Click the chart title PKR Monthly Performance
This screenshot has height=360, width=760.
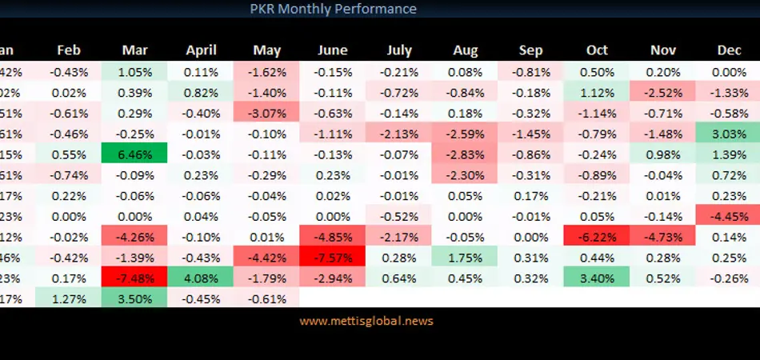coord(333,10)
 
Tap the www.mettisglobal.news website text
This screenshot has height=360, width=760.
coord(366,321)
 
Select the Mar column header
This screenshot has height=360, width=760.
coord(134,50)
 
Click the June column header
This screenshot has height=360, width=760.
coord(333,50)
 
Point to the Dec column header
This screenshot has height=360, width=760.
coord(729,50)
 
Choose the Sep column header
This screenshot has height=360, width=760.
coord(530,50)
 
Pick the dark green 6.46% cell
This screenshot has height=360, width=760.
coord(134,153)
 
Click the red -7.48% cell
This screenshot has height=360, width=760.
coord(134,278)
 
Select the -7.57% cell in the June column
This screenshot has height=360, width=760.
coord(333,257)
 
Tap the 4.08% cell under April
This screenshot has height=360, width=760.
coord(201,278)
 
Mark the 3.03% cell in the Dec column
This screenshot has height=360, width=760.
coord(729,132)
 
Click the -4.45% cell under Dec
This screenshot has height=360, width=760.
coord(729,215)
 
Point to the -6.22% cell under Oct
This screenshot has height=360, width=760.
coord(597,236)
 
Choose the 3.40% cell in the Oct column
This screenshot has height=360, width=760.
coord(597,278)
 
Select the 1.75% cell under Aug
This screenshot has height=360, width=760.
coord(465,257)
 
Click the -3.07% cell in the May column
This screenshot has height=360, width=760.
coord(266,111)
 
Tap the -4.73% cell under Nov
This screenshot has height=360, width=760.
coord(663,236)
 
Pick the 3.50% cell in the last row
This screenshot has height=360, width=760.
coord(134,298)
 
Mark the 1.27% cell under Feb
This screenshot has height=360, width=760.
coord(69,298)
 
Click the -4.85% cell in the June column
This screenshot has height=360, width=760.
coord(333,236)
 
